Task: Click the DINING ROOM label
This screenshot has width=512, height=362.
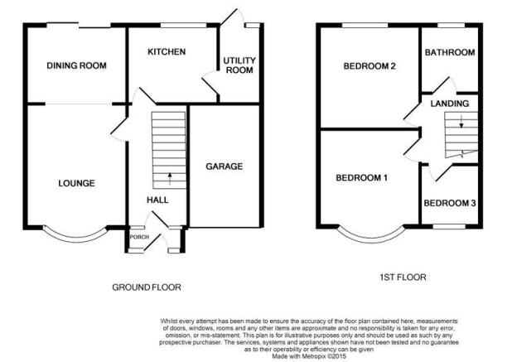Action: (76, 65)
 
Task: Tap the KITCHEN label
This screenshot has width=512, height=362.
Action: (167, 51)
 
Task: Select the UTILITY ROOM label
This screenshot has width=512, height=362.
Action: (239, 65)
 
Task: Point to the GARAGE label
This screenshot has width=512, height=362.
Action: (225, 167)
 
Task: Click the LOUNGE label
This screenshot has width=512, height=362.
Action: (77, 183)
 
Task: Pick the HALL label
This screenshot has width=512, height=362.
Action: (157, 200)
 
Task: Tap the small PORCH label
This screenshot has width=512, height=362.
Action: (139, 237)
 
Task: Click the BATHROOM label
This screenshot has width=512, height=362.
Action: (450, 52)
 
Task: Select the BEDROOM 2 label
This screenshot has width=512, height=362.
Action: (370, 66)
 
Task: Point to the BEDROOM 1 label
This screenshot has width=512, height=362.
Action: (362, 178)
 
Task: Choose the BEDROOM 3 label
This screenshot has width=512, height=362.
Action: (450, 203)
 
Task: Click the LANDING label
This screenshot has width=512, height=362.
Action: (450, 104)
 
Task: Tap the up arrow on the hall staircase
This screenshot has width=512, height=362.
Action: (170, 179)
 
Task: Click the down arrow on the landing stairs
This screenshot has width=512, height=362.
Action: (461, 121)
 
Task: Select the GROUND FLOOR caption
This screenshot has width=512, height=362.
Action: (147, 287)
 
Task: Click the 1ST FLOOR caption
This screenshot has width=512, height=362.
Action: (403, 278)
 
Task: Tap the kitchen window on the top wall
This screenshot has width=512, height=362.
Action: (184, 25)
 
